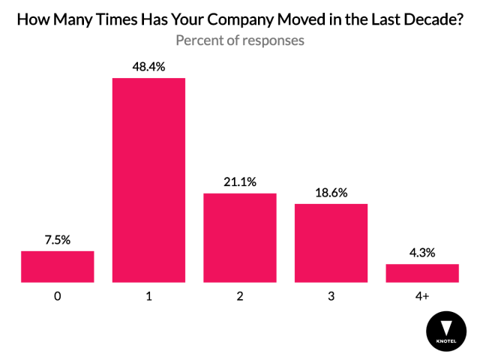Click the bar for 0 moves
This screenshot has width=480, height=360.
[58, 266]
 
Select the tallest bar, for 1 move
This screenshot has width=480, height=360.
[148, 180]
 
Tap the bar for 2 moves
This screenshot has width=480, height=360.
[240, 238]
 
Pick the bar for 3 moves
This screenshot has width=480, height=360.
[331, 243]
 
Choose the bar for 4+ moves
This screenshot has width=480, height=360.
[422, 273]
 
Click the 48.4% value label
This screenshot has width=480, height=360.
[148, 67]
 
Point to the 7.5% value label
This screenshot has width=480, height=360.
[58, 240]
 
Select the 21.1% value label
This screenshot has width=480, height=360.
[240, 182]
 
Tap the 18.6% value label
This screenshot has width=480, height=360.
[331, 193]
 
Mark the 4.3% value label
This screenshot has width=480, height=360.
[422, 253]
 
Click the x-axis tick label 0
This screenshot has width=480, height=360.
[58, 296]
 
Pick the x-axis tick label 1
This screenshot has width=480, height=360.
[148, 296]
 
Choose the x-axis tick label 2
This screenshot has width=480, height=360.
[240, 296]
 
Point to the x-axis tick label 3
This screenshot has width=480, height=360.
[331, 296]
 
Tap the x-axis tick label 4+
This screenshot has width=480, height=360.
[422, 296]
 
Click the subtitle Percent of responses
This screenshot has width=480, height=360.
[240, 40]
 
